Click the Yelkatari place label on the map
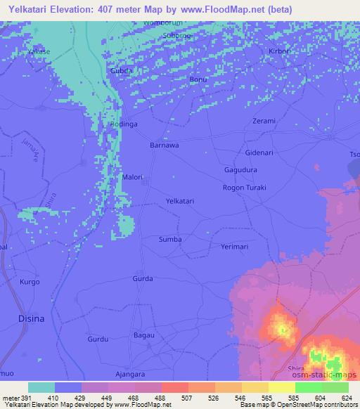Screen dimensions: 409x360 179,201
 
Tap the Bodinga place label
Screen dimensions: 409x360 123,124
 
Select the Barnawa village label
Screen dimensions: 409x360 165,145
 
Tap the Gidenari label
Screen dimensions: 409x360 260,152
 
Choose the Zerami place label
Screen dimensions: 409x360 264,121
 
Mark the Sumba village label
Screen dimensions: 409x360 170,240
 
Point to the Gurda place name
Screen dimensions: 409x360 143,279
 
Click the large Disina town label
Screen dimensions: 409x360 30,318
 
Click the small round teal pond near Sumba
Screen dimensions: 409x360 126,226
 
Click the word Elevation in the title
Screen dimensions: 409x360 88,9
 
